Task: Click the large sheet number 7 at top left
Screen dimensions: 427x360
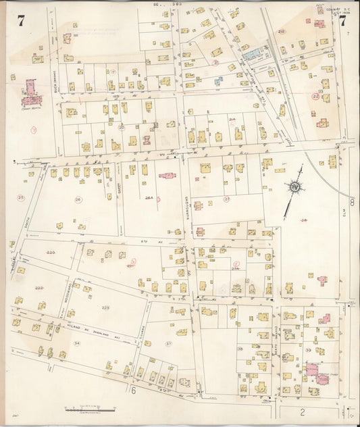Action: click(21, 20)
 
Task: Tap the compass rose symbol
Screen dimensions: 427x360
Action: click(295, 187)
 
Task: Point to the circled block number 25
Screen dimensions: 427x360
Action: click(21, 197)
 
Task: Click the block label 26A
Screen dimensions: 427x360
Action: click(150, 198)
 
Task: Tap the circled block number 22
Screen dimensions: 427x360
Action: click(315, 97)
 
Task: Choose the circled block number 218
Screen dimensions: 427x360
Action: click(282, 32)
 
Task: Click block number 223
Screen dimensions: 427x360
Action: click(106, 307)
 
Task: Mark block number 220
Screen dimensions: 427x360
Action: click(50, 252)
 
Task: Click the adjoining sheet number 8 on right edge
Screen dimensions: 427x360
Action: click(352, 201)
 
